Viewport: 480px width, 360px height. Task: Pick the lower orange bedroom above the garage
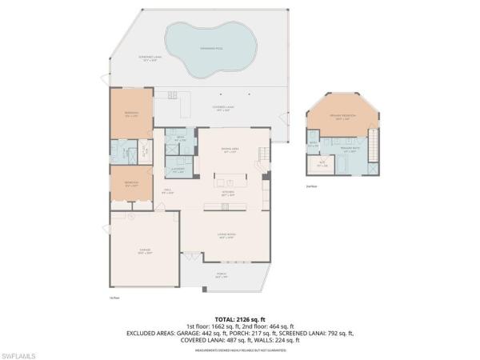(130, 186)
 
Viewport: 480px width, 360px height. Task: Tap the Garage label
(144, 252)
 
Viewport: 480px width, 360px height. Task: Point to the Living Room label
(226, 235)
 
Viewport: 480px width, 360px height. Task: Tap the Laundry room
(178, 170)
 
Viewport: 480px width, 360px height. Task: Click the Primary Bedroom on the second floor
(342, 117)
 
